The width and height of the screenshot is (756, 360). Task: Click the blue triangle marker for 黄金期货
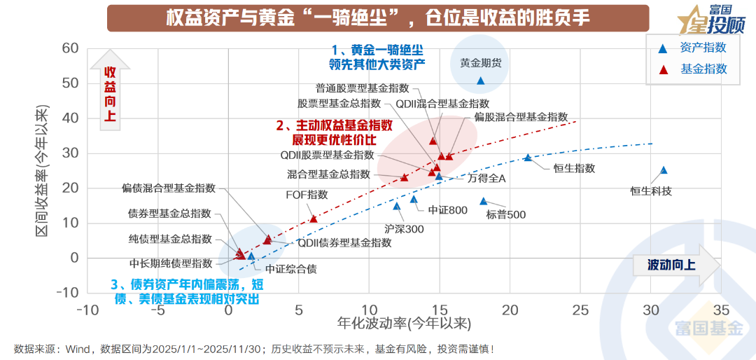pos(480,81)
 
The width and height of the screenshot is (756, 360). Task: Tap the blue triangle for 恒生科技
pos(664,170)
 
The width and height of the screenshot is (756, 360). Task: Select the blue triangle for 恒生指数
pos(528,158)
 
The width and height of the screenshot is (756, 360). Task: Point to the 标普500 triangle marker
pos(483,201)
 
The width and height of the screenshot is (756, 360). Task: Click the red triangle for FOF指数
pos(313,219)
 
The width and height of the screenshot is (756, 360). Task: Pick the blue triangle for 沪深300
pos(396,206)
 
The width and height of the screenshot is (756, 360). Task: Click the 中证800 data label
pos(447,209)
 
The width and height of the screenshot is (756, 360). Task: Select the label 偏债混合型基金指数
pos(169,188)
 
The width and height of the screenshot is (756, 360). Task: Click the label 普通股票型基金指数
pos(362,88)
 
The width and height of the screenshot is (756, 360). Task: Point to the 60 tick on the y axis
pos(69,48)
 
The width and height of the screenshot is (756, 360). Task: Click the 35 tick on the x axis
pos(721,310)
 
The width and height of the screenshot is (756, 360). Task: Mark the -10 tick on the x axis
pos(87,310)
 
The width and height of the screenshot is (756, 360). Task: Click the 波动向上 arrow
pos(675,265)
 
